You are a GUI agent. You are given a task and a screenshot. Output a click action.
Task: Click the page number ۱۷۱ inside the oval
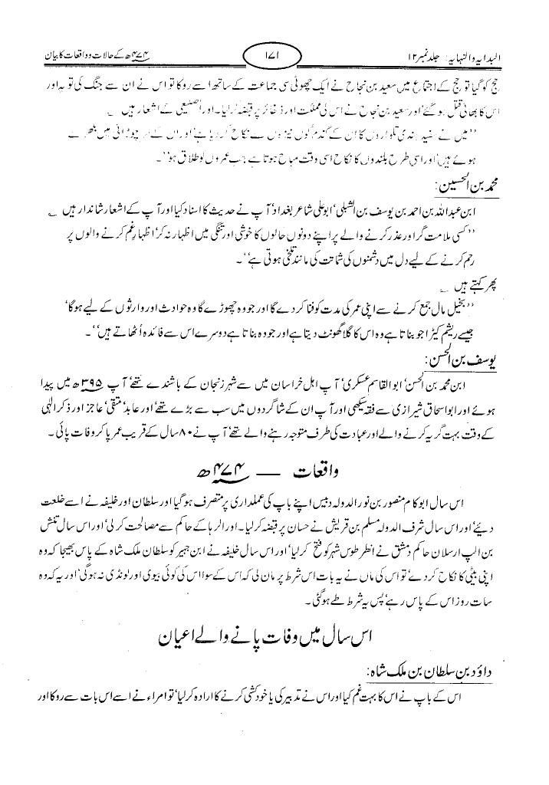point(273,56)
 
